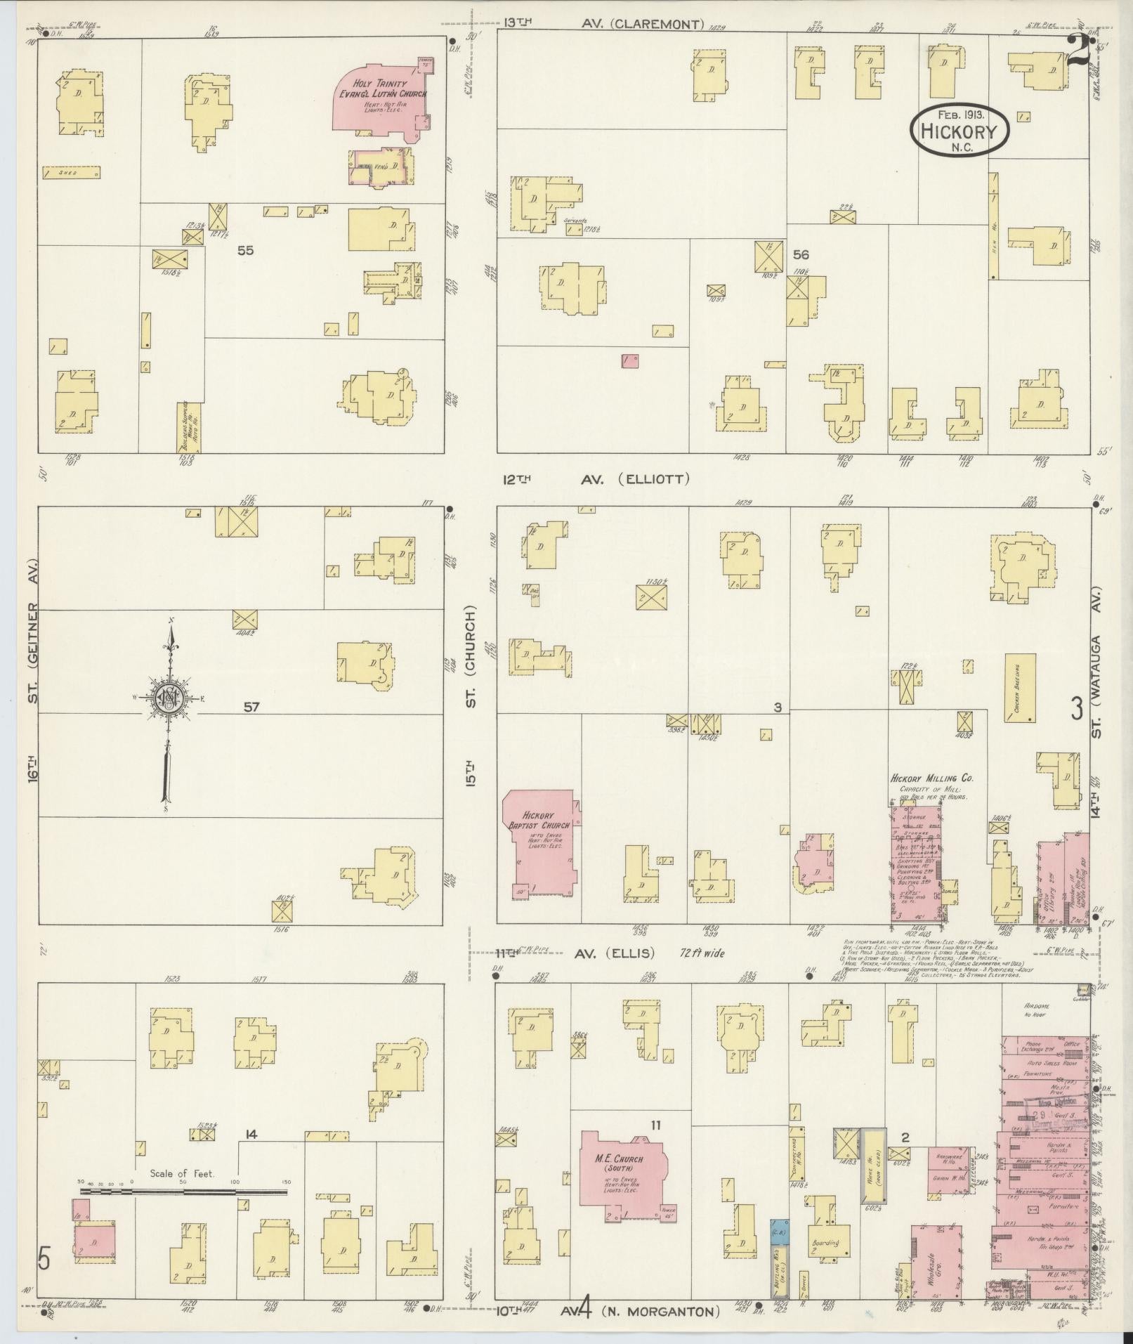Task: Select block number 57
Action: (251, 707)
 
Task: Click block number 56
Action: (801, 254)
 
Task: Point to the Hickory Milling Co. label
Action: (931, 778)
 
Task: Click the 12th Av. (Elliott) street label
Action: (596, 479)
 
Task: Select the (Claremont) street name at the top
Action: (657, 24)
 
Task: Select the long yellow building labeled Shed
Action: (71, 172)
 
